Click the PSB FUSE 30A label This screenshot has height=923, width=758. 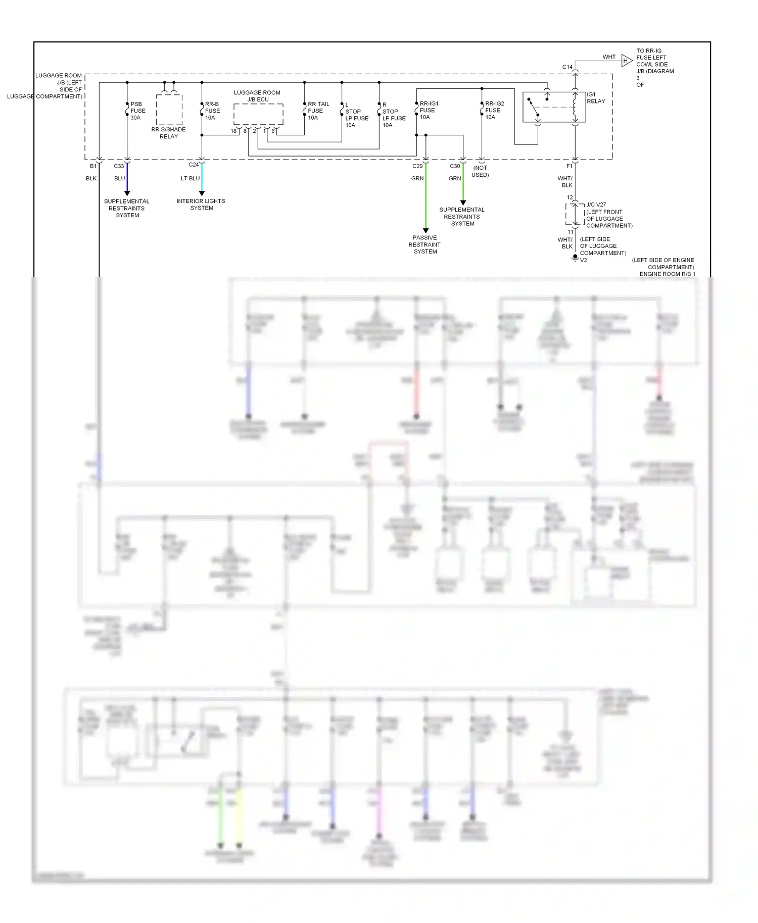tap(137, 111)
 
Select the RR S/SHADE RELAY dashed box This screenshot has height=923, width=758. tap(169, 110)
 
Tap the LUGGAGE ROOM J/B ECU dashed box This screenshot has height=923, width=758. tap(258, 115)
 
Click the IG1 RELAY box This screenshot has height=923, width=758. tap(554, 107)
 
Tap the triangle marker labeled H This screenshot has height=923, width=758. tap(626, 61)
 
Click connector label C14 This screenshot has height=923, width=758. tap(567, 67)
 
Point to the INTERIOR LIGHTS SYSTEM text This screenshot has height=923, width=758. tap(201, 204)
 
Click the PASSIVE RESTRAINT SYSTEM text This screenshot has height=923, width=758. tap(424, 244)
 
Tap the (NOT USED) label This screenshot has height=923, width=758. tap(480, 171)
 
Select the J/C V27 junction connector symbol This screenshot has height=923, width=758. tap(575, 215)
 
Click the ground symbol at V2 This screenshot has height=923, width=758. tap(575, 258)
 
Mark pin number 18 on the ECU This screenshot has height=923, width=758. tap(233, 131)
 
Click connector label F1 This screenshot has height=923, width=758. tap(569, 166)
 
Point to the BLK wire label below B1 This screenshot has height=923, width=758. tap(91, 178)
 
